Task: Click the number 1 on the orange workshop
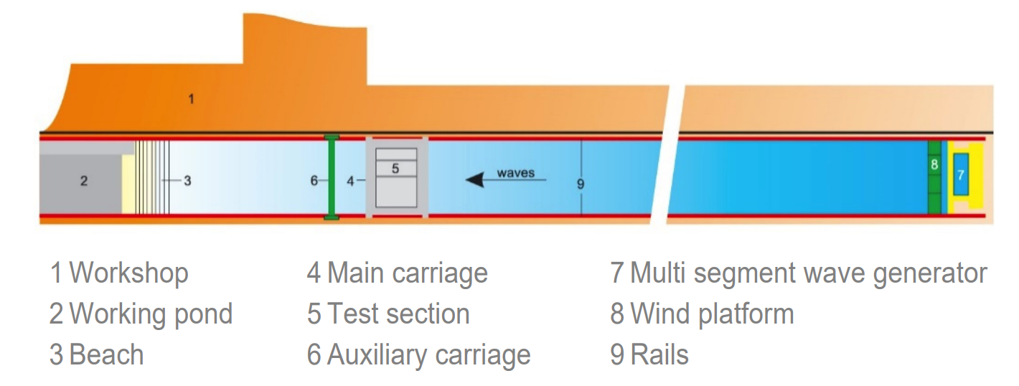(x=191, y=99)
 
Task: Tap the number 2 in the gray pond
(x=84, y=181)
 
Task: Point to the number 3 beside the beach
(x=187, y=181)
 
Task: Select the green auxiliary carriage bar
(x=332, y=176)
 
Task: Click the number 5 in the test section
(x=395, y=168)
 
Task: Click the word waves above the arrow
(x=516, y=173)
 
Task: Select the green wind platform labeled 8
(x=934, y=176)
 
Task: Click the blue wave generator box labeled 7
(x=960, y=175)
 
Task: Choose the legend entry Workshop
(x=119, y=273)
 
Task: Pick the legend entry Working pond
(x=141, y=314)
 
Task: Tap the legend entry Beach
(x=97, y=355)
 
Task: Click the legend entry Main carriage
(x=398, y=273)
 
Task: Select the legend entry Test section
(x=388, y=314)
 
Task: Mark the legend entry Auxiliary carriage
(x=419, y=355)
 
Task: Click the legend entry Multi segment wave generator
(x=799, y=273)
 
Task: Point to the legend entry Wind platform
(x=703, y=314)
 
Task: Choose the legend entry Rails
(x=649, y=355)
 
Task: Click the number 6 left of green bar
(x=314, y=181)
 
